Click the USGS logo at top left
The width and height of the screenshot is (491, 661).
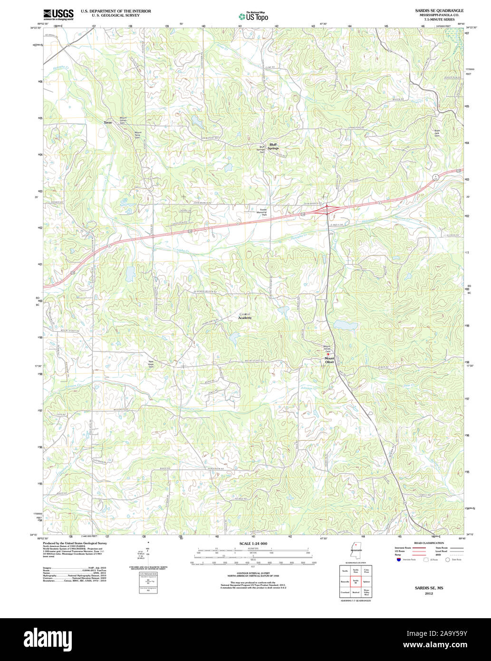[58, 14]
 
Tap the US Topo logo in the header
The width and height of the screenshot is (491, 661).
[253, 16]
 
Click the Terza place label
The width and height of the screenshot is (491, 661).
[108, 123]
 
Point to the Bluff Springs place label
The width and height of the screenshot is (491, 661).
[273, 146]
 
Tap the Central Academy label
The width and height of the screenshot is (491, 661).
[245, 316]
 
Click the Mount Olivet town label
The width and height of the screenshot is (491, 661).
[329, 360]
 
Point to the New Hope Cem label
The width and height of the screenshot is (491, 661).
[151, 364]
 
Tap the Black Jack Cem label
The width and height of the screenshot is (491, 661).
[437, 133]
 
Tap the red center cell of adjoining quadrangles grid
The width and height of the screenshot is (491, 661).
[356, 581]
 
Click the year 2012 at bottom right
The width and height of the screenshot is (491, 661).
[429, 593]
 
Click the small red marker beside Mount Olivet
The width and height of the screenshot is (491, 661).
[327, 354]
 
